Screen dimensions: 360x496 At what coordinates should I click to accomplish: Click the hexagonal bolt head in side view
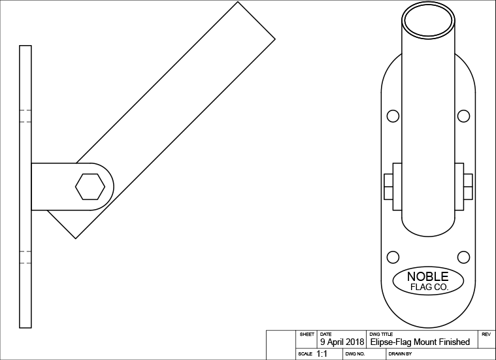(90, 187)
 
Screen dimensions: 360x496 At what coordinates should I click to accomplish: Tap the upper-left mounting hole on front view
(393, 116)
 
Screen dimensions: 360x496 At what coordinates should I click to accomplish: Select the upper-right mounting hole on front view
(463, 116)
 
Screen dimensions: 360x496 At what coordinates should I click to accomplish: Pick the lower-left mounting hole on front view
(393, 256)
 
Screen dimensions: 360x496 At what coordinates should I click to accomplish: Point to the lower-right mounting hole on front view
(463, 256)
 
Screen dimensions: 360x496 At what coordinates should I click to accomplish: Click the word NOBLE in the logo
(428, 276)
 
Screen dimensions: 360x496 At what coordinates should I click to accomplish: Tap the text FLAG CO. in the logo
(428, 287)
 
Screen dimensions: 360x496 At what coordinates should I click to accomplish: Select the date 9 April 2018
(342, 342)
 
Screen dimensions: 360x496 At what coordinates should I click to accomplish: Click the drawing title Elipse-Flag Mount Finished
(420, 342)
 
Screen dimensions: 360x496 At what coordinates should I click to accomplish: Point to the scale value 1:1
(322, 353)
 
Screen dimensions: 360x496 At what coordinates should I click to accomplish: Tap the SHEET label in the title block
(306, 334)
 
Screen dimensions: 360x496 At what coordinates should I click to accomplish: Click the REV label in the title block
(486, 334)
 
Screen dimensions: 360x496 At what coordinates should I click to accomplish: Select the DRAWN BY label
(400, 353)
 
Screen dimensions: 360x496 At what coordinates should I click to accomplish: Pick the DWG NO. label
(354, 353)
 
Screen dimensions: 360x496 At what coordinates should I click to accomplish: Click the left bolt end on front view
(388, 187)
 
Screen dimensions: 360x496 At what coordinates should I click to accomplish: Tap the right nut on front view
(468, 187)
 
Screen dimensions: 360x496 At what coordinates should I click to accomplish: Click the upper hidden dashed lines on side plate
(25, 115)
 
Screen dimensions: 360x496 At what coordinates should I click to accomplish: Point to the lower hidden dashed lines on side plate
(25, 257)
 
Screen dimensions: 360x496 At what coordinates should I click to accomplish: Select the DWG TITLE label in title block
(381, 334)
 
